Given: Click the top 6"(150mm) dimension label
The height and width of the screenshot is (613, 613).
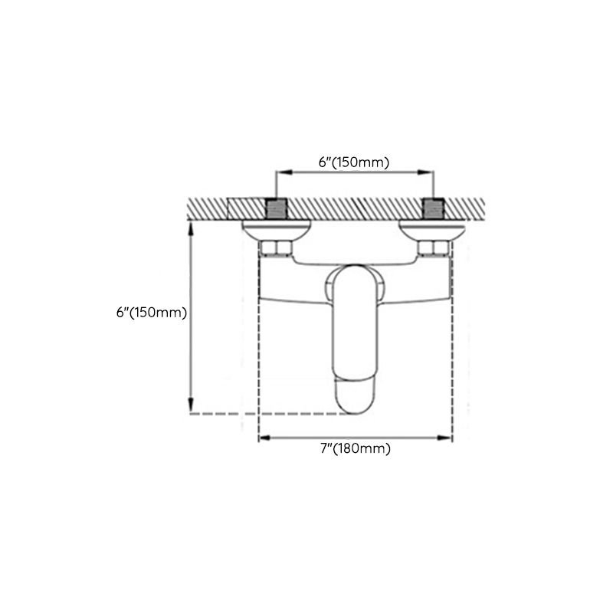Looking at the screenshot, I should [x=354, y=162].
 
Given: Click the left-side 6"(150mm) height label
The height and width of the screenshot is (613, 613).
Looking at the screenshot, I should [x=152, y=313].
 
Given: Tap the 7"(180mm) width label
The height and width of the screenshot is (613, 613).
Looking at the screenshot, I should [x=355, y=449].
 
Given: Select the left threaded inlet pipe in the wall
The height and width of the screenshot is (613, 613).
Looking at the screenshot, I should [x=277, y=208].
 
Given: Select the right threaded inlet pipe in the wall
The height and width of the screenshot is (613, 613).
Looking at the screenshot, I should [x=434, y=208].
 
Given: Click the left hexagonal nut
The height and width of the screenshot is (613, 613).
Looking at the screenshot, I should [x=276, y=247].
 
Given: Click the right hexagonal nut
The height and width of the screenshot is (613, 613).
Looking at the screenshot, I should [x=433, y=247].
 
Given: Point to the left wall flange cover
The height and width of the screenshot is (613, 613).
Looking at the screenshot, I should [x=276, y=228].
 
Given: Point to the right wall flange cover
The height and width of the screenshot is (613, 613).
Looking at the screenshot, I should [x=433, y=228].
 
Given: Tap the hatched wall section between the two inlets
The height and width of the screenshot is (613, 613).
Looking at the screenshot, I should [x=355, y=208].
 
